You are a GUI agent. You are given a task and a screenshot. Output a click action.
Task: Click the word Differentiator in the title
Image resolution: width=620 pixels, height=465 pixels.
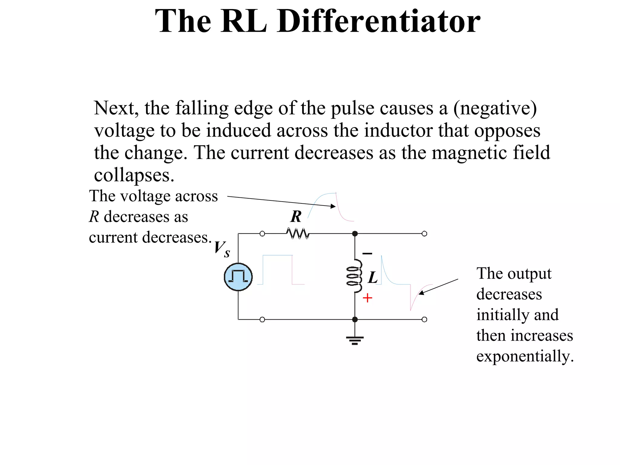click(378, 21)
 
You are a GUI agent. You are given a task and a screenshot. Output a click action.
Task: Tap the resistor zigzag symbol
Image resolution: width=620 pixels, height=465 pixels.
click(298, 234)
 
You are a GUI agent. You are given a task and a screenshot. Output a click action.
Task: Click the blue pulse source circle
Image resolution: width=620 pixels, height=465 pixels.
click(238, 277)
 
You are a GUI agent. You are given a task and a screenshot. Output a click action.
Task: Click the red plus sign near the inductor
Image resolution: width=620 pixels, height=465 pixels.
click(367, 298)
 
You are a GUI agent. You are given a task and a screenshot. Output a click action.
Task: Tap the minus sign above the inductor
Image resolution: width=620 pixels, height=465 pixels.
click(367, 253)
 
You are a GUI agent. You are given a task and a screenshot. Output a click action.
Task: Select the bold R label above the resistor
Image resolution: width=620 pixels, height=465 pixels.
click(296, 216)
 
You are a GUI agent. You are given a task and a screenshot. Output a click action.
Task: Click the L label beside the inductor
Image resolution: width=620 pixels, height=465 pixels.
click(373, 278)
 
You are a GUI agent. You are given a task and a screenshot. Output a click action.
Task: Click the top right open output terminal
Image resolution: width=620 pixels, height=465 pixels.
click(424, 234)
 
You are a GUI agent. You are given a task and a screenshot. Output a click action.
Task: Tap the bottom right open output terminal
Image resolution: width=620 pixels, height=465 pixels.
click(424, 319)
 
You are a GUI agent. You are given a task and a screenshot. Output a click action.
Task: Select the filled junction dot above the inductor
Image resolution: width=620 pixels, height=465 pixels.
click(355, 234)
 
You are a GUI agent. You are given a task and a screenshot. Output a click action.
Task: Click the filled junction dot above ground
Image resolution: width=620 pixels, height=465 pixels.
click(355, 319)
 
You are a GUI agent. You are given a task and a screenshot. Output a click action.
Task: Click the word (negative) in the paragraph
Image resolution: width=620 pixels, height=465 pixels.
click(495, 108)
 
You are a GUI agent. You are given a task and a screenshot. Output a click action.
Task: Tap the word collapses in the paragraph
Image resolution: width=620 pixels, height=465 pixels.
click(134, 175)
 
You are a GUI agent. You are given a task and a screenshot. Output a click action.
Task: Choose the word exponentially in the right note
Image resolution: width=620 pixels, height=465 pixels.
click(525, 356)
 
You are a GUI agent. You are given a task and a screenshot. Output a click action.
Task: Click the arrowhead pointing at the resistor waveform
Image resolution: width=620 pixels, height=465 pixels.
click(333, 206)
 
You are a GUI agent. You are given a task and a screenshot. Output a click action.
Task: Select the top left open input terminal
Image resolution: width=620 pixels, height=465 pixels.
click(262, 234)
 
